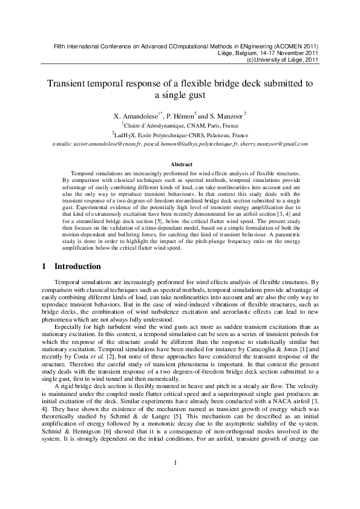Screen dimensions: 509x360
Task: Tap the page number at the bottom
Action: (175, 481)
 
